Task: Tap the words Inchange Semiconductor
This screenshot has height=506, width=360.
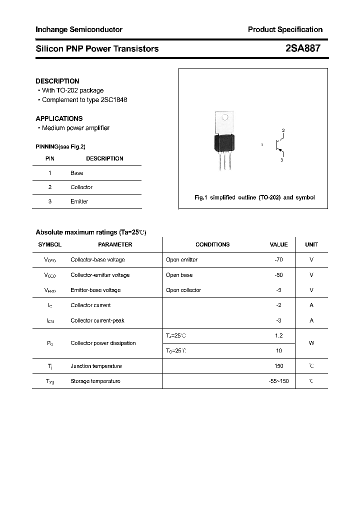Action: (x=78, y=29)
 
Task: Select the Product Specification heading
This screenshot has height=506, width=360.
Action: (x=285, y=29)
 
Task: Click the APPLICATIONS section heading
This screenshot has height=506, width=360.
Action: (x=59, y=118)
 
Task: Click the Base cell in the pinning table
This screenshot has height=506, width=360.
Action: (x=76, y=173)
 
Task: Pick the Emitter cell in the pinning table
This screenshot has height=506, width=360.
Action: (x=79, y=201)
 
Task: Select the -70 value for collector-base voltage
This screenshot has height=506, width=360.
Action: (x=278, y=260)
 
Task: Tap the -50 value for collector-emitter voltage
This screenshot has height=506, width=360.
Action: (x=278, y=275)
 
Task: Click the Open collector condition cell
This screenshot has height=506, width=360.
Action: (x=183, y=290)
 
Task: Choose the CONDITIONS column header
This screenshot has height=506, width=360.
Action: (x=212, y=244)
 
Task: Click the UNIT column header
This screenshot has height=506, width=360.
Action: (x=311, y=244)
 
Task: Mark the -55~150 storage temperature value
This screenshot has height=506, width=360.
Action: (x=278, y=381)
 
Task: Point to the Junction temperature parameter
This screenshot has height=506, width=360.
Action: (x=96, y=366)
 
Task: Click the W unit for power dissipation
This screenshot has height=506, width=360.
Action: (x=311, y=343)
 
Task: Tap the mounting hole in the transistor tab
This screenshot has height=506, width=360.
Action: (x=224, y=118)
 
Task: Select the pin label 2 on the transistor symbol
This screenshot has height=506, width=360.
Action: (x=283, y=131)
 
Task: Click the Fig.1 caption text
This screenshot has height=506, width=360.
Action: (x=254, y=197)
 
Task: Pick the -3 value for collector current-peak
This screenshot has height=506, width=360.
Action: (x=278, y=320)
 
